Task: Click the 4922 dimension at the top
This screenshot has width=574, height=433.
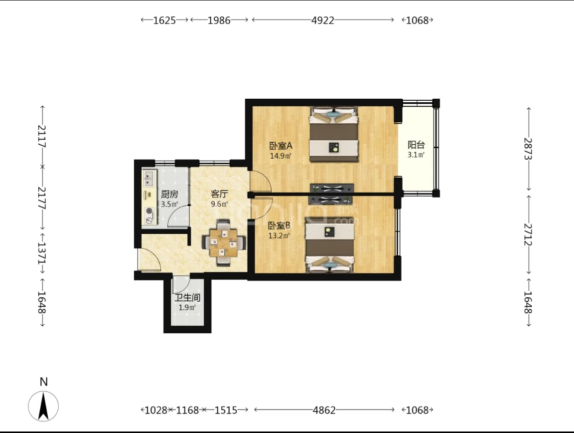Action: click(x=322, y=20)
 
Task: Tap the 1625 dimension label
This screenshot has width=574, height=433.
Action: click(x=164, y=20)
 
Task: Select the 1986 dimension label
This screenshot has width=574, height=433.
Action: click(x=219, y=20)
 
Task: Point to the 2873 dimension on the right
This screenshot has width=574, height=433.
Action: click(x=528, y=149)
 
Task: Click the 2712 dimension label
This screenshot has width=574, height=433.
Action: click(x=528, y=234)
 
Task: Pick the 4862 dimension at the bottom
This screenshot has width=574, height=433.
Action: click(x=324, y=410)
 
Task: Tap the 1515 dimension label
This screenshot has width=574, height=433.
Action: click(x=226, y=410)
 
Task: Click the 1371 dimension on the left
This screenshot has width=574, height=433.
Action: click(x=41, y=253)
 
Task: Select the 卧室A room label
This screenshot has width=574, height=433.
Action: click(x=281, y=146)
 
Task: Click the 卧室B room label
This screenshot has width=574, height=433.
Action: click(x=279, y=225)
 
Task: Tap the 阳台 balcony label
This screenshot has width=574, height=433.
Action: click(x=416, y=145)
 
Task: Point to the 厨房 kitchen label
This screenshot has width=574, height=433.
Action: click(x=169, y=195)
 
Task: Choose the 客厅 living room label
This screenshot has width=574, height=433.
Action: click(x=219, y=194)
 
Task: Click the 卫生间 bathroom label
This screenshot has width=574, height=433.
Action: click(x=187, y=298)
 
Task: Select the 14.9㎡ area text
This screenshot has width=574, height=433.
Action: click(x=281, y=156)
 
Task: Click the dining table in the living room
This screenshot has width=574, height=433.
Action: click(x=224, y=242)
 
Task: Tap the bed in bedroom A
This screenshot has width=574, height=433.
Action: click(x=333, y=134)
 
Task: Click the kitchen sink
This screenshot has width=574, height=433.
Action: click(x=149, y=178)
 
